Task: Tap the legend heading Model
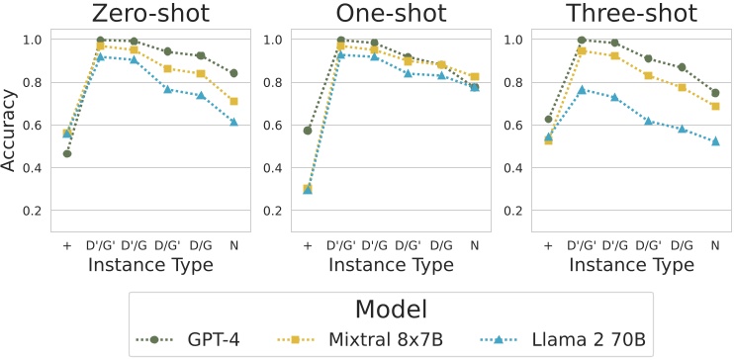coord(390,308)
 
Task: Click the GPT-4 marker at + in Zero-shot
coord(66,153)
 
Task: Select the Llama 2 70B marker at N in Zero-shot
coord(233,122)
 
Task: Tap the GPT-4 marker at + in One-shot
coord(308,131)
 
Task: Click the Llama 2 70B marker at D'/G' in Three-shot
coord(582,89)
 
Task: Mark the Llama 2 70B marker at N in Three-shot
coord(715,141)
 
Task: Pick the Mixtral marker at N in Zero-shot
coord(233,101)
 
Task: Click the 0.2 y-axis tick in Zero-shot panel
coord(37,211)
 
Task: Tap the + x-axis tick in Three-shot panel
coord(548,244)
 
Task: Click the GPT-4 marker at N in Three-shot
coord(715,93)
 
